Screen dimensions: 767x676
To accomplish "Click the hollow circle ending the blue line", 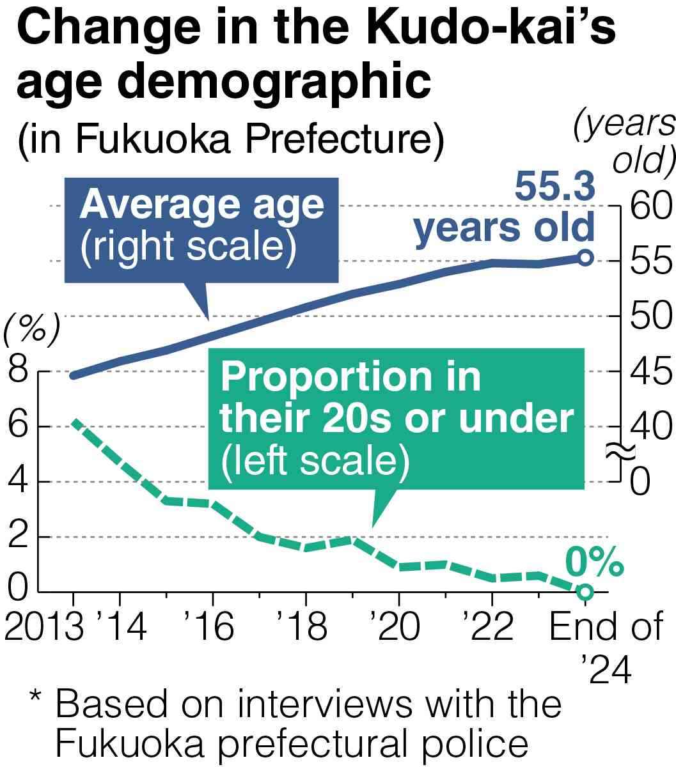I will tap(585, 258).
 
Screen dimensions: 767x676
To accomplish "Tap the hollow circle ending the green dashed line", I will tap(585, 592).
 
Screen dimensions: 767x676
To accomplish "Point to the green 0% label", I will tap(594, 563).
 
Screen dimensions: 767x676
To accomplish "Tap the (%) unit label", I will tap(32, 330).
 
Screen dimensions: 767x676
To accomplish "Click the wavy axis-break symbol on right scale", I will tap(620, 452).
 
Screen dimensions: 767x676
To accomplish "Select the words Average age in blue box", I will tap(201, 206).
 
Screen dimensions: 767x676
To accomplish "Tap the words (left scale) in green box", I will tap(315, 460).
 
